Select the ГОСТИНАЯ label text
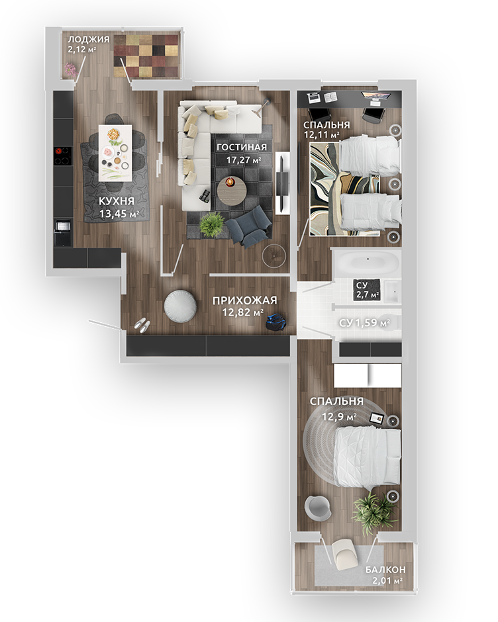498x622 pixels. pyautogui.click(x=241, y=147)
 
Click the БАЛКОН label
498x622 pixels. pyautogui.click(x=385, y=569)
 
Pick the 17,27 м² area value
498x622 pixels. pyautogui.click(x=243, y=159)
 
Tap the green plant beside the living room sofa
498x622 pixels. pyautogui.click(x=211, y=225)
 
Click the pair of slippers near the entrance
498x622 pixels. pyautogui.click(x=142, y=324)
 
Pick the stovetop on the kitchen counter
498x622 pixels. pyautogui.click(x=62, y=155)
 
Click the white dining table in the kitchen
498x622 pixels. pyautogui.click(x=115, y=152)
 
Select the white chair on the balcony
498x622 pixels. pyautogui.click(x=344, y=553)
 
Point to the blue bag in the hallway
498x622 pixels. pyautogui.click(x=275, y=322)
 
